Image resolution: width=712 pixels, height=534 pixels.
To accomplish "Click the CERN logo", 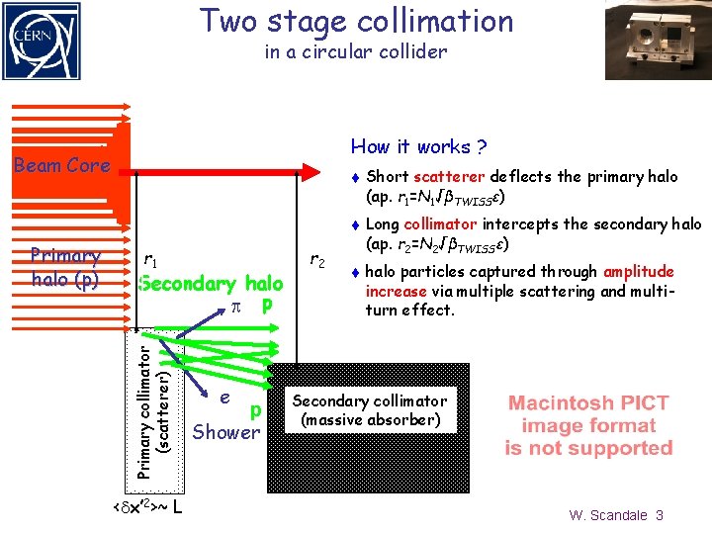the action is [x=41, y=40].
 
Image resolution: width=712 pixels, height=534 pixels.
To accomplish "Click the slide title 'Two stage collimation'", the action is [x=357, y=21].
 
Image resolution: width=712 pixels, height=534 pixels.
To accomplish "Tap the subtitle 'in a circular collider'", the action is [x=356, y=51].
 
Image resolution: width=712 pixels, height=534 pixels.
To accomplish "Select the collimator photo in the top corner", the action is [x=659, y=40].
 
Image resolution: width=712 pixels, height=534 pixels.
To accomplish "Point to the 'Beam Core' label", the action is [x=61, y=165].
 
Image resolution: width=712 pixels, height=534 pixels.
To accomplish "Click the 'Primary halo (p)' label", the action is [x=65, y=268].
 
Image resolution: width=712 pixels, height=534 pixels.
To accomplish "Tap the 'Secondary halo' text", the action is [x=212, y=284].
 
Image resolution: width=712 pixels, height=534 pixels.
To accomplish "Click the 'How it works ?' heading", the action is [x=418, y=147].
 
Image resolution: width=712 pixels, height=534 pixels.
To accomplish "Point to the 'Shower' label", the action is [x=225, y=432].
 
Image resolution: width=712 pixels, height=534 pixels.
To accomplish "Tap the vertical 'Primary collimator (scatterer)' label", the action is [x=155, y=405].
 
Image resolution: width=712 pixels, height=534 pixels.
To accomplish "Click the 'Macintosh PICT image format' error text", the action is [x=588, y=425].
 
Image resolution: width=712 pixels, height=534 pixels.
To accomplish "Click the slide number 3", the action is [x=660, y=515].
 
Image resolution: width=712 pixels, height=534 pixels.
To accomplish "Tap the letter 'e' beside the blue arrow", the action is [x=225, y=397].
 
